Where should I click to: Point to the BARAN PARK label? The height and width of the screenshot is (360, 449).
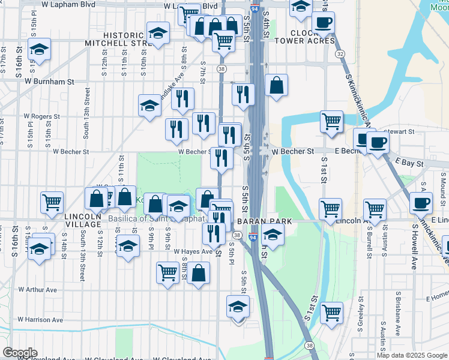coord(264,221)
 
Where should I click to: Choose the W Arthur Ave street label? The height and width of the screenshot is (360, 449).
coord(37,289)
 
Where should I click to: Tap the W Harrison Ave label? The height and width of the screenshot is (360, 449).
coord(40,320)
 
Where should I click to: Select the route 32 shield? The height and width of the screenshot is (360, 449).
coord(340,54)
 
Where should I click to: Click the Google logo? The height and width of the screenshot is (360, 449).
coord(20,353)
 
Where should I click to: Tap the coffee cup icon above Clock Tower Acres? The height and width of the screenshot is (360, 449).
coord(323,23)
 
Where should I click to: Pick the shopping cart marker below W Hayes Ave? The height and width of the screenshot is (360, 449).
coord(168,272)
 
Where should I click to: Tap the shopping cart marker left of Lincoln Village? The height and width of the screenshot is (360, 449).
coord(52,202)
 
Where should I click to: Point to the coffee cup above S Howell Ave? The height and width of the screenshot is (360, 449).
coord(421,202)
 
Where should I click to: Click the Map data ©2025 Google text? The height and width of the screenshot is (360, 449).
coord(412,355)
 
